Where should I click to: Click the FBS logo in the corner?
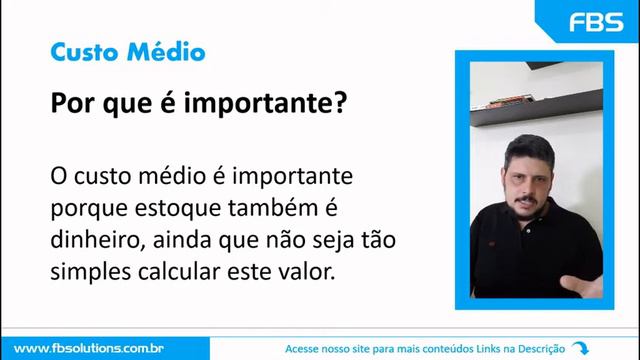click(x=595, y=22)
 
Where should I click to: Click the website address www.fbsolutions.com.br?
click(x=88, y=347)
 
